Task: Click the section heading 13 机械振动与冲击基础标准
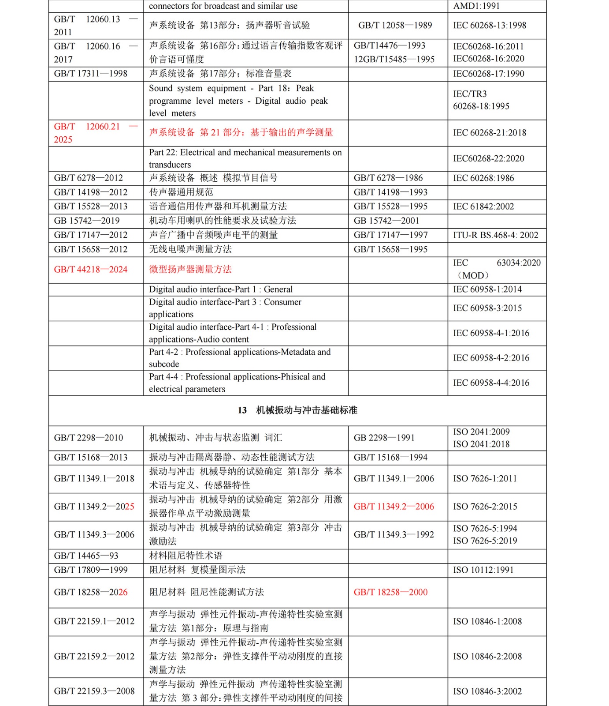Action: pos(297,410)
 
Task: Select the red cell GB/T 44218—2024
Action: pos(91,270)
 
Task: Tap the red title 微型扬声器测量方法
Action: pos(190,270)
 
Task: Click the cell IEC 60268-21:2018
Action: pos(490,133)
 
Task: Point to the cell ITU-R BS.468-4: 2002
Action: pos(496,235)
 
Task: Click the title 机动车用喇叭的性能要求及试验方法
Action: pos(223,221)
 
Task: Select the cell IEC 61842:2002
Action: pos(483,207)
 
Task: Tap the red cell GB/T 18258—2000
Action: pos(390,592)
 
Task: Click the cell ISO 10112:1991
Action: pos(483,570)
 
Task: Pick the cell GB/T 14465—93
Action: pos(86,556)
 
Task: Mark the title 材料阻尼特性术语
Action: pos(186,556)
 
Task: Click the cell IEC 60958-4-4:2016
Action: pos(491,383)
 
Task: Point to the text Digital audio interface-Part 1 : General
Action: pos(221,289)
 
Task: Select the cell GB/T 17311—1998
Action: pos(91,74)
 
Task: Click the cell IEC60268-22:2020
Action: pos(489,158)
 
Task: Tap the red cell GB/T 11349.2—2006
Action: pos(394,507)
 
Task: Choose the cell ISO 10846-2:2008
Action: pos(487,657)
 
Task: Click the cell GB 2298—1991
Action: pos(384,438)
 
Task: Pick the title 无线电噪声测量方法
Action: pos(190,249)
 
